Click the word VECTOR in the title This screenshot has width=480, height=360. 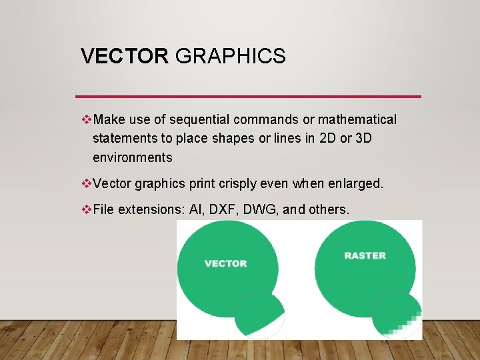125,56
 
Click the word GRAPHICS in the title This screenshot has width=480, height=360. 230,56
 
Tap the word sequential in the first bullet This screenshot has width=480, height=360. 201,120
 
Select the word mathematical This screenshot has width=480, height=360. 357,120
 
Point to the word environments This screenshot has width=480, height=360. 132,158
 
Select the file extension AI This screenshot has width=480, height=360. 197,209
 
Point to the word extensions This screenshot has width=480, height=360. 149,209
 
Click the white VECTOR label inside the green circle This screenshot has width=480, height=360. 225,263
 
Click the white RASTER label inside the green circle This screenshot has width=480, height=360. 365,255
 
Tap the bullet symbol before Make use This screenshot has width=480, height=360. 85,120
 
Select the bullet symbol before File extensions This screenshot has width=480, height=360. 85,209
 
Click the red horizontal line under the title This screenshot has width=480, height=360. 248,97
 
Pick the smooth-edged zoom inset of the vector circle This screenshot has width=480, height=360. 261,315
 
